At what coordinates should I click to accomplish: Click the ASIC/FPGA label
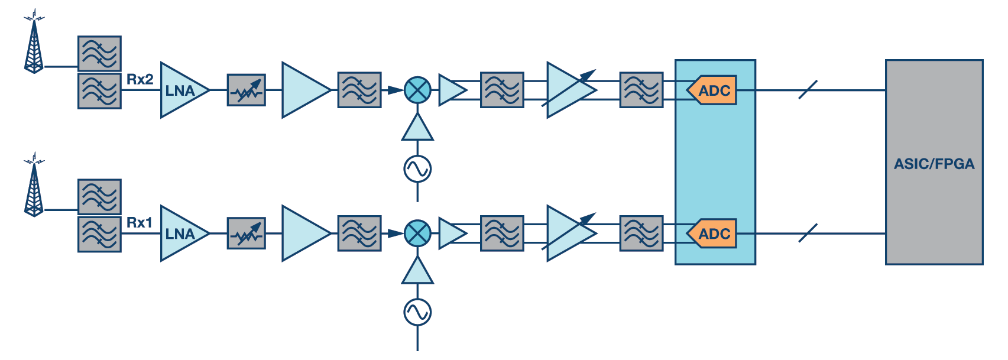(934, 164)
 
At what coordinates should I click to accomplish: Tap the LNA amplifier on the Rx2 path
(181, 90)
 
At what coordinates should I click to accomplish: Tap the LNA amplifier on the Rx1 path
(181, 233)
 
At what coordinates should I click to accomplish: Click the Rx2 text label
(140, 79)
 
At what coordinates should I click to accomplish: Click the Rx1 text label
(140, 222)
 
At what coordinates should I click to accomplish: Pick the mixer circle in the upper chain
(417, 90)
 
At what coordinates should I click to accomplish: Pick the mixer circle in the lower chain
(417, 233)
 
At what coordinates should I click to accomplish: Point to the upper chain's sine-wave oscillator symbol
(417, 169)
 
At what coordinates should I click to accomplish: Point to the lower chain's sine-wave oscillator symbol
(417, 312)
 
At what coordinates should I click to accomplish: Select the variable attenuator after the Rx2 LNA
(247, 90)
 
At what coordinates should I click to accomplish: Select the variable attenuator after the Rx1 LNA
(247, 233)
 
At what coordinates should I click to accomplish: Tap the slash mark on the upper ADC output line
(808, 90)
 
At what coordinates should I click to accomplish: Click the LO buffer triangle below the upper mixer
(417, 129)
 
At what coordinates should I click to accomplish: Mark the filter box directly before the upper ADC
(641, 90)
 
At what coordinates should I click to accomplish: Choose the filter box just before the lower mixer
(359, 233)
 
